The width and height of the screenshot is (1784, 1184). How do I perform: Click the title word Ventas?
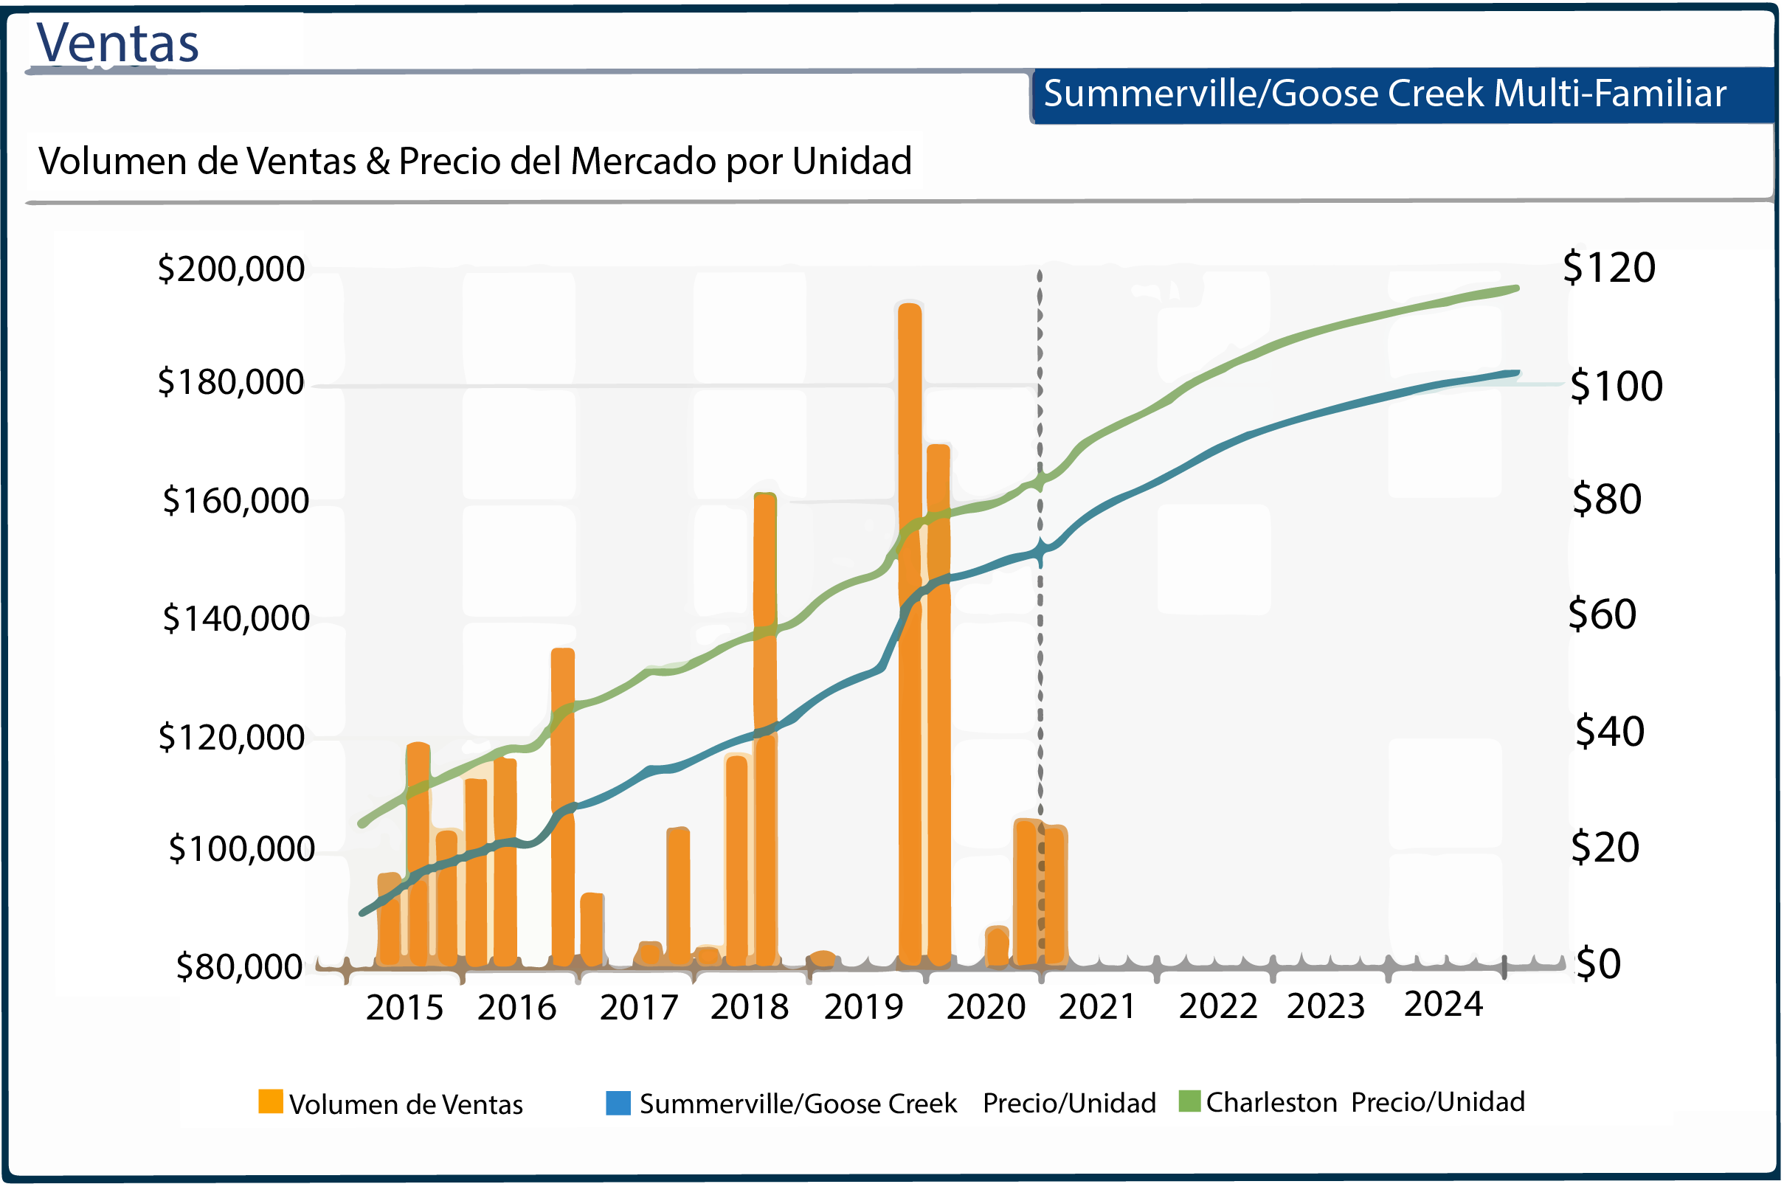pos(118,43)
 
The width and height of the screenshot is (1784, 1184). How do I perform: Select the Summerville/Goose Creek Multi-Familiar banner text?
pos(1385,94)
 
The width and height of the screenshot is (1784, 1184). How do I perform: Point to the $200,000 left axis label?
pos(231,269)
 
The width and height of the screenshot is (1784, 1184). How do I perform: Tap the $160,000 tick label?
pos(235,502)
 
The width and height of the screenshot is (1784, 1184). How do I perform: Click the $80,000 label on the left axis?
pos(238,967)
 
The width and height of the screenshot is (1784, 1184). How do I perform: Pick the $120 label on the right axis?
pos(1609,268)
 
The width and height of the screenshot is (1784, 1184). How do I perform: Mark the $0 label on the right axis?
pos(1598,964)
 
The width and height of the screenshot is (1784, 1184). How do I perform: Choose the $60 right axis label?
pos(1602,614)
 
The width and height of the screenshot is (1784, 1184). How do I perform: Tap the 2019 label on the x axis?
pos(864,1007)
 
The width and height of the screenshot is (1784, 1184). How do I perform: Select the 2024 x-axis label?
pos(1444,1005)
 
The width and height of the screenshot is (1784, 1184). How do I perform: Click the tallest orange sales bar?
pos(910,634)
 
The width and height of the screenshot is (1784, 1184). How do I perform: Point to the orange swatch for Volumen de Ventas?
pos(270,1101)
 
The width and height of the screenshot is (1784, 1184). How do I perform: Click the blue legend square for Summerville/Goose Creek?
pos(618,1103)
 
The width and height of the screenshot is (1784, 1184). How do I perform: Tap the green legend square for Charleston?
pos(1190,1101)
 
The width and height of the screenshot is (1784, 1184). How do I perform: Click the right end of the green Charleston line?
pos(1516,288)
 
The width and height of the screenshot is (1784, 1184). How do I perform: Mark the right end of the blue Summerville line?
pos(1516,373)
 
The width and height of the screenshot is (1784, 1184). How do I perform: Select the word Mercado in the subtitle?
pos(643,162)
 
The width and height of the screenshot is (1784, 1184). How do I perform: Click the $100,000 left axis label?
pos(241,850)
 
